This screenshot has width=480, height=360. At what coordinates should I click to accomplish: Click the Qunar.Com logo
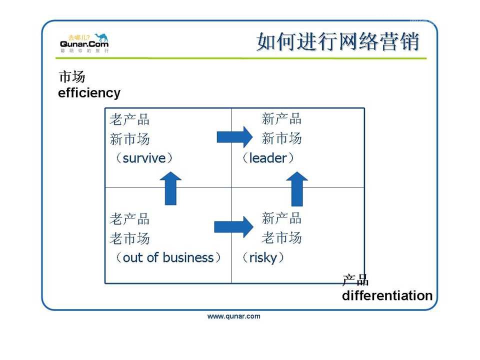[84, 43]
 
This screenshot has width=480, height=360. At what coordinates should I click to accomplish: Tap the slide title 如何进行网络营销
[338, 42]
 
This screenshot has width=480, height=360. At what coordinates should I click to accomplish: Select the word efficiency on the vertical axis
[89, 93]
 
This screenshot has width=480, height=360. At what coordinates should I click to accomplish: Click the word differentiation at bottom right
[387, 295]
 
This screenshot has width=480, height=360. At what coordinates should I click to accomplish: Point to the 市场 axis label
[72, 77]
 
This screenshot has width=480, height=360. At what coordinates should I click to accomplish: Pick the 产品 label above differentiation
[355, 280]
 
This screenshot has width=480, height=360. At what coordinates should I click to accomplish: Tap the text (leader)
[268, 158]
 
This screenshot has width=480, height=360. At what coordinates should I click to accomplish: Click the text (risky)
[263, 257]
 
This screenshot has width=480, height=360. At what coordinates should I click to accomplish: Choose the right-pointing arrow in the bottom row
[233, 227]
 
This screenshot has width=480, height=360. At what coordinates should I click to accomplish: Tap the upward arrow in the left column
[170, 188]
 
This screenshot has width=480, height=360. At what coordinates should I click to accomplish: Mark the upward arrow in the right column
[298, 188]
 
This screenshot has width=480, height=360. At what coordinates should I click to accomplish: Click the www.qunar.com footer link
[234, 316]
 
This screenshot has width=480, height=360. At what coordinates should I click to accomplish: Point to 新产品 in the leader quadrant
[281, 119]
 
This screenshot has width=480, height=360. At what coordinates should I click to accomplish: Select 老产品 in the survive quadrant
[130, 120]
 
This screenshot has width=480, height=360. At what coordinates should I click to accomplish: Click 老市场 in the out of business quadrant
[130, 238]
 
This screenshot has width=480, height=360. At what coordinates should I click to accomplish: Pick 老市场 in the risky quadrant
[281, 237]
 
